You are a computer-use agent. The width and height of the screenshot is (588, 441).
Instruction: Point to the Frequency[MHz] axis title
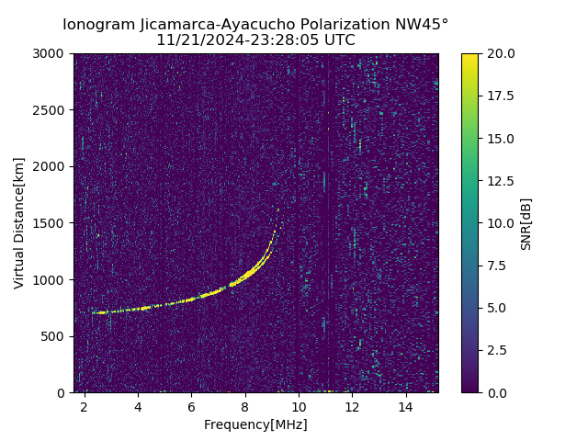point(255,424)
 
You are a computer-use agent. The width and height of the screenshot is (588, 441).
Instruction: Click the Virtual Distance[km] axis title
point(19,222)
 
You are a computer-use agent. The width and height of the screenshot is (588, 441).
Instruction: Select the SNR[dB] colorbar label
point(526,223)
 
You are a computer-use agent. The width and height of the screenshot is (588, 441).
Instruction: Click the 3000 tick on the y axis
point(51,54)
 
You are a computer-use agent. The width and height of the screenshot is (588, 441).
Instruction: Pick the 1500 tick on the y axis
point(51,223)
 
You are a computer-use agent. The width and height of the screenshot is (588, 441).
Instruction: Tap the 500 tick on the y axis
point(54,336)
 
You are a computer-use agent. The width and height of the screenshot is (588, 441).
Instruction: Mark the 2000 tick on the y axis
point(51,166)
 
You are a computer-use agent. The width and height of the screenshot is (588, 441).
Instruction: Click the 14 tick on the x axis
point(405,406)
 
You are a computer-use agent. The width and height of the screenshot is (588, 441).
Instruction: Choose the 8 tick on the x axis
point(245,406)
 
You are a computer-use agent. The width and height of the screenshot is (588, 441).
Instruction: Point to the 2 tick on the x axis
point(85,406)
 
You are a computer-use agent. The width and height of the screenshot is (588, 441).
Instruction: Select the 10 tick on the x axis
point(299,406)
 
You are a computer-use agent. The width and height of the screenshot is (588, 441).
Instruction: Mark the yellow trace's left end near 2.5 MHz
point(95,312)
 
